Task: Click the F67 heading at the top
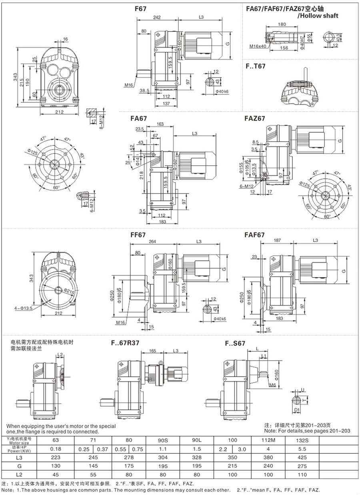coord(140,8)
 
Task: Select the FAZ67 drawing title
coord(254,118)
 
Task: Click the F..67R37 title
coord(124,343)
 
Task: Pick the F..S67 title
coord(235,343)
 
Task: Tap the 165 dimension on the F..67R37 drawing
coord(152,351)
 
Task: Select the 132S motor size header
coord(335,440)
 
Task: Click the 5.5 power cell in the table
coord(335,448)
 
